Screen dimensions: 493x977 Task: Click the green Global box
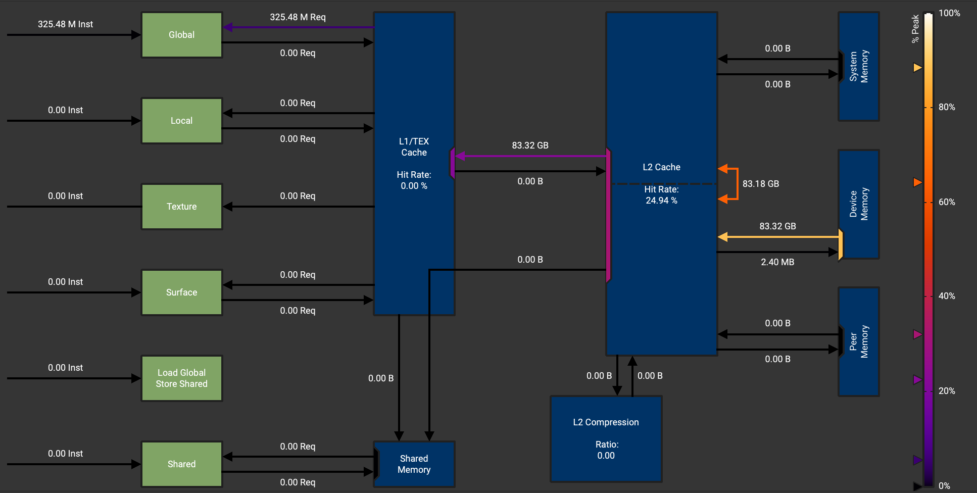click(181, 35)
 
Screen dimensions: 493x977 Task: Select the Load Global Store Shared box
click(181, 378)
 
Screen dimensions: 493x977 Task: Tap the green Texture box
click(181, 207)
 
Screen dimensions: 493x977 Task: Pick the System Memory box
click(858, 66)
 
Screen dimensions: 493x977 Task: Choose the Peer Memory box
click(858, 341)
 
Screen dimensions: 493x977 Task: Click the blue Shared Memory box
click(414, 464)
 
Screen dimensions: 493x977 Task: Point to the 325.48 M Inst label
click(65, 24)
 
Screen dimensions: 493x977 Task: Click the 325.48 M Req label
click(298, 17)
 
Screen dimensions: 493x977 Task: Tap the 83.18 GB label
click(760, 184)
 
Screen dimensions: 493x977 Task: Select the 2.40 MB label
click(777, 262)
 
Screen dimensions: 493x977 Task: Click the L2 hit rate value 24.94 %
click(661, 201)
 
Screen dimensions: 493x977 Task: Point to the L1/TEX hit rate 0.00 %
click(414, 186)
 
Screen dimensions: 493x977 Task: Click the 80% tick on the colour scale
click(946, 107)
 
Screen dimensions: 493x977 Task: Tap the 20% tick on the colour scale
click(946, 391)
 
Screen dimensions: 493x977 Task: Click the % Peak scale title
click(915, 29)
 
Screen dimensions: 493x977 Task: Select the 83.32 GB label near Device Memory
click(777, 226)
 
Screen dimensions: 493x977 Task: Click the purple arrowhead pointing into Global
click(228, 27)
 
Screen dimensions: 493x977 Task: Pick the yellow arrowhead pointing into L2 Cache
click(723, 236)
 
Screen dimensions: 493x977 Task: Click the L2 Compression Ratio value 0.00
click(606, 456)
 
